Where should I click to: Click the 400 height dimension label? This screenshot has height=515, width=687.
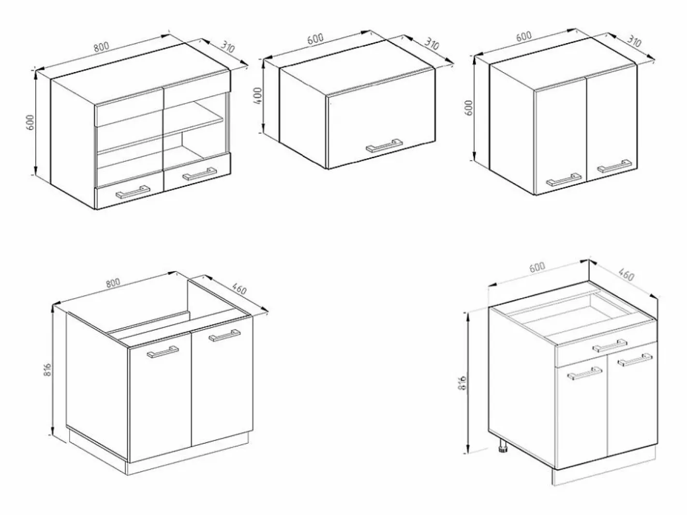pyautogui.click(x=257, y=96)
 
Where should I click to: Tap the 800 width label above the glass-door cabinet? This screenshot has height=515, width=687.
pyautogui.click(x=102, y=46)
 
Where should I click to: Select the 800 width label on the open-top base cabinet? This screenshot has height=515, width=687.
pyautogui.click(x=113, y=283)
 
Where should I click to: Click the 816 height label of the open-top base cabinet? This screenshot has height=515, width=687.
pyautogui.click(x=47, y=370)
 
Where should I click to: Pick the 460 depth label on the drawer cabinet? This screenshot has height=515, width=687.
pyautogui.click(x=626, y=275)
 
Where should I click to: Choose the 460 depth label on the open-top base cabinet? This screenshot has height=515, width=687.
pyautogui.click(x=239, y=288)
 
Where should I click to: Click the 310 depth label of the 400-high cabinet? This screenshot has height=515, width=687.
pyautogui.click(x=432, y=45)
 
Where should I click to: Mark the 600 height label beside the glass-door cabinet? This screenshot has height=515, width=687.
pyautogui.click(x=30, y=122)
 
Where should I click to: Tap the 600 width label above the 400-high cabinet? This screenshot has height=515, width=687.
pyautogui.click(x=315, y=39)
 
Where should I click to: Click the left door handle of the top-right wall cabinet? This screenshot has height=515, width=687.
pyautogui.click(x=564, y=180)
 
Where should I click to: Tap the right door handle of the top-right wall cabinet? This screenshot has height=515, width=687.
pyautogui.click(x=614, y=166)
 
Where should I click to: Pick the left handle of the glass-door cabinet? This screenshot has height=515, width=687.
pyautogui.click(x=133, y=192)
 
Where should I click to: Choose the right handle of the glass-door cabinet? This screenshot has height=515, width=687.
pyautogui.click(x=200, y=174)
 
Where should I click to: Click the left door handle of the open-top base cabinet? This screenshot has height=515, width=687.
pyautogui.click(x=163, y=352)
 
